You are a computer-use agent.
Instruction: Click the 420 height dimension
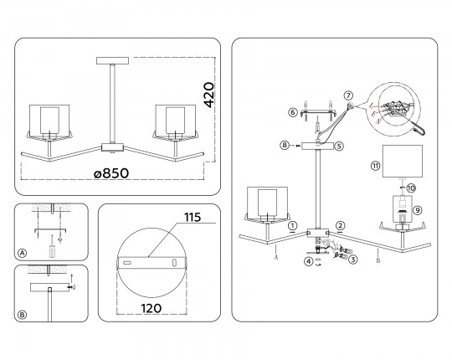[x=209, y=95]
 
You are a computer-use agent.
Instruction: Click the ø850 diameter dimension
[x=111, y=173]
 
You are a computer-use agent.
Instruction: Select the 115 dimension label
[x=193, y=218]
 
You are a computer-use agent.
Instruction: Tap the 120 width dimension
[x=151, y=308]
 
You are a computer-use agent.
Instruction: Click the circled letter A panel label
[x=23, y=253]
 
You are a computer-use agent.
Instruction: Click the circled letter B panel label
[x=23, y=315]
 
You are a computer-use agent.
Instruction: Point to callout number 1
[x=293, y=225]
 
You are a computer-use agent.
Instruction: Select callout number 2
[x=341, y=225]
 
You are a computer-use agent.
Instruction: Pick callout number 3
[x=353, y=260]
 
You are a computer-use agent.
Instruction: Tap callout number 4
[x=309, y=261]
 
